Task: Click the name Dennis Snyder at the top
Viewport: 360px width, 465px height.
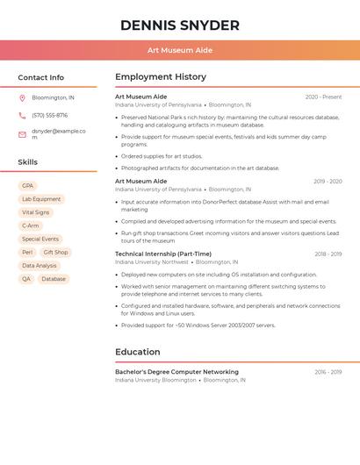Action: [x=180, y=25]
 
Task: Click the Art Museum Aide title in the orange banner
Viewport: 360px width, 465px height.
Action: [x=180, y=50]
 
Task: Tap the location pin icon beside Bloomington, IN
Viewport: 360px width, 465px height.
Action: [x=22, y=98]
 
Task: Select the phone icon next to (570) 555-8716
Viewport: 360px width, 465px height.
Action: [x=22, y=115]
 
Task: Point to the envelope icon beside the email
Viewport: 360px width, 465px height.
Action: [x=22, y=134]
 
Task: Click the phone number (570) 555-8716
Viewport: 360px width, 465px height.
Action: [x=49, y=115]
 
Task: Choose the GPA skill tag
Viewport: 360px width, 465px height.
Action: [x=27, y=186]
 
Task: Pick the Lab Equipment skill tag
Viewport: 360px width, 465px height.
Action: [x=41, y=199]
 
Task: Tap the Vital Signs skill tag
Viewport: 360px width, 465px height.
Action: [x=36, y=212]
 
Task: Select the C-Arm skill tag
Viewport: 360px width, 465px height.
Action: [x=31, y=225]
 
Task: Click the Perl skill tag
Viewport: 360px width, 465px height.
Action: [x=27, y=252]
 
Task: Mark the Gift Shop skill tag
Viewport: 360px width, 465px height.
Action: [x=55, y=252]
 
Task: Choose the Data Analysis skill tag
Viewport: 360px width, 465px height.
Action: [x=40, y=265]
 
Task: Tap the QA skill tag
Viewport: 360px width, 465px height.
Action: [x=26, y=279]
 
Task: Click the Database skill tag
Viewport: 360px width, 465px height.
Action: [x=54, y=279]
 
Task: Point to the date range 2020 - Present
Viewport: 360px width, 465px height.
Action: [x=323, y=97]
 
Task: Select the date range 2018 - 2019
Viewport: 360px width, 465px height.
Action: [x=328, y=254]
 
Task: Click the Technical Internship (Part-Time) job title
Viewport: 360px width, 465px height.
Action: [x=163, y=254]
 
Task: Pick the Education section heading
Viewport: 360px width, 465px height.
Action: [x=138, y=352]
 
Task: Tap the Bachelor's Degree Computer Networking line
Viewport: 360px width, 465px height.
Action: [x=176, y=372]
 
